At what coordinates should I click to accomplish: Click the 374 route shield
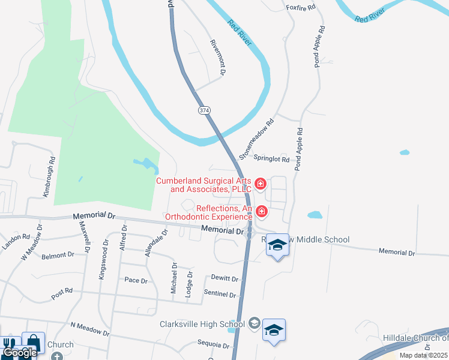point(204,110)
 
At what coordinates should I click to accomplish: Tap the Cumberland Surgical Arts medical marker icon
point(261,183)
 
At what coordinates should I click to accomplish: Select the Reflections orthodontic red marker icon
point(262,211)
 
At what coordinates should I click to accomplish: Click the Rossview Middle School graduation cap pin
point(277,245)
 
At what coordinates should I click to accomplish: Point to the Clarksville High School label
point(202,325)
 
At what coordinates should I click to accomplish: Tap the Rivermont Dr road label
point(217,57)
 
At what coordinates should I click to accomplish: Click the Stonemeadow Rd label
point(256,139)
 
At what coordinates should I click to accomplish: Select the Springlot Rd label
point(271,160)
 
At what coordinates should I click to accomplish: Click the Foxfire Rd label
point(301,8)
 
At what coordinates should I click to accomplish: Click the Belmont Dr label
point(58,256)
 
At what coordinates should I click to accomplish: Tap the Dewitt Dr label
point(224,278)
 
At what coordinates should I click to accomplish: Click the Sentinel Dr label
point(221,295)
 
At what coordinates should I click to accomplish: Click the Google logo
point(19,353)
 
